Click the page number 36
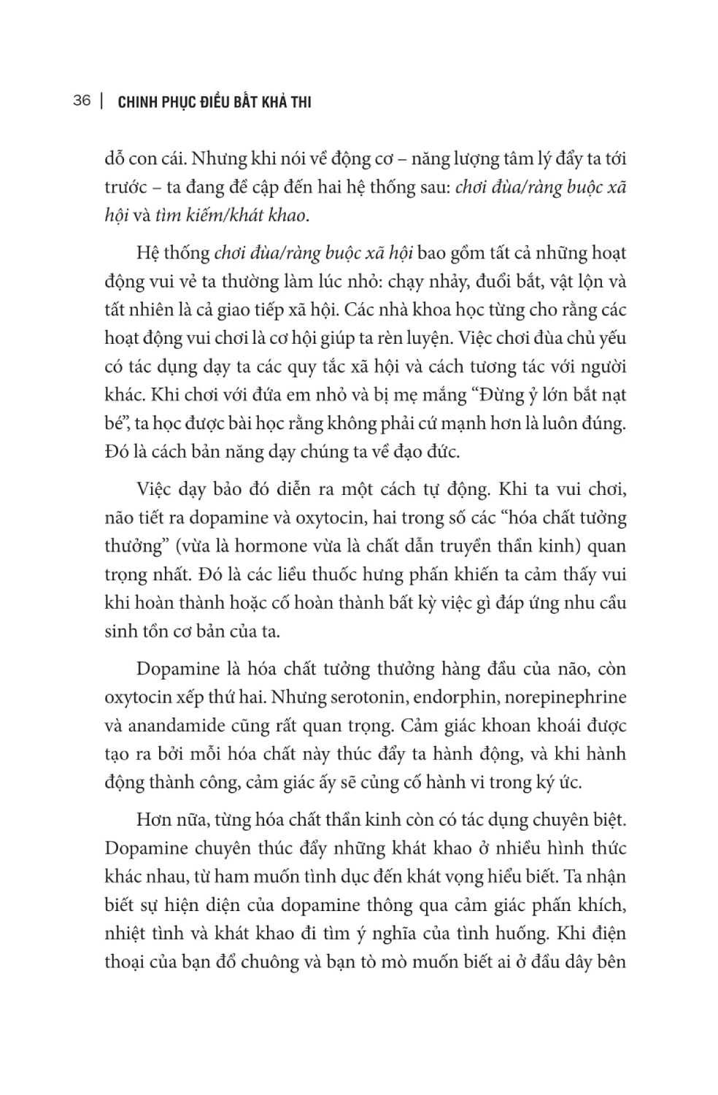[82, 101]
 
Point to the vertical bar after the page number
[101, 101]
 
